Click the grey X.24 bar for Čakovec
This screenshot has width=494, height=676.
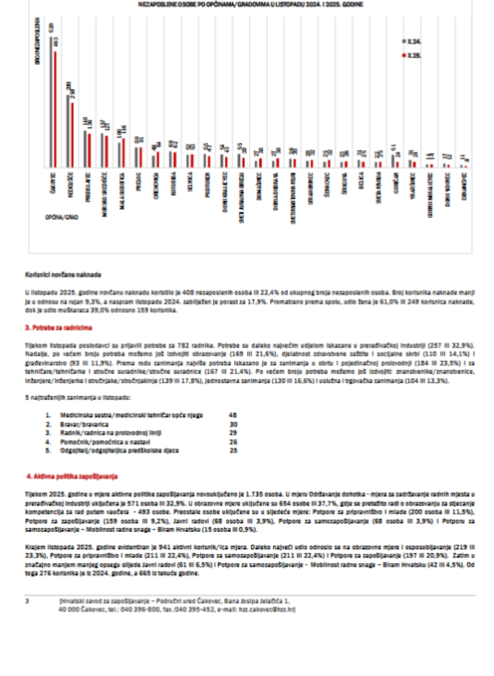tap(52, 102)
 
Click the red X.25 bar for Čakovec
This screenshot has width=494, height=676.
tap(55, 109)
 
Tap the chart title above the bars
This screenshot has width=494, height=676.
tap(251, 4)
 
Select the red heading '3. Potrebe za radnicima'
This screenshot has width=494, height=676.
tap(59, 327)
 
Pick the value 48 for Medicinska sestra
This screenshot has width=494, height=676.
tap(232, 415)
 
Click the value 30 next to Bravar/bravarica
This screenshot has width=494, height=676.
tap(232, 424)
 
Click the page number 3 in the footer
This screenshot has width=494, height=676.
tap(27, 601)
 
